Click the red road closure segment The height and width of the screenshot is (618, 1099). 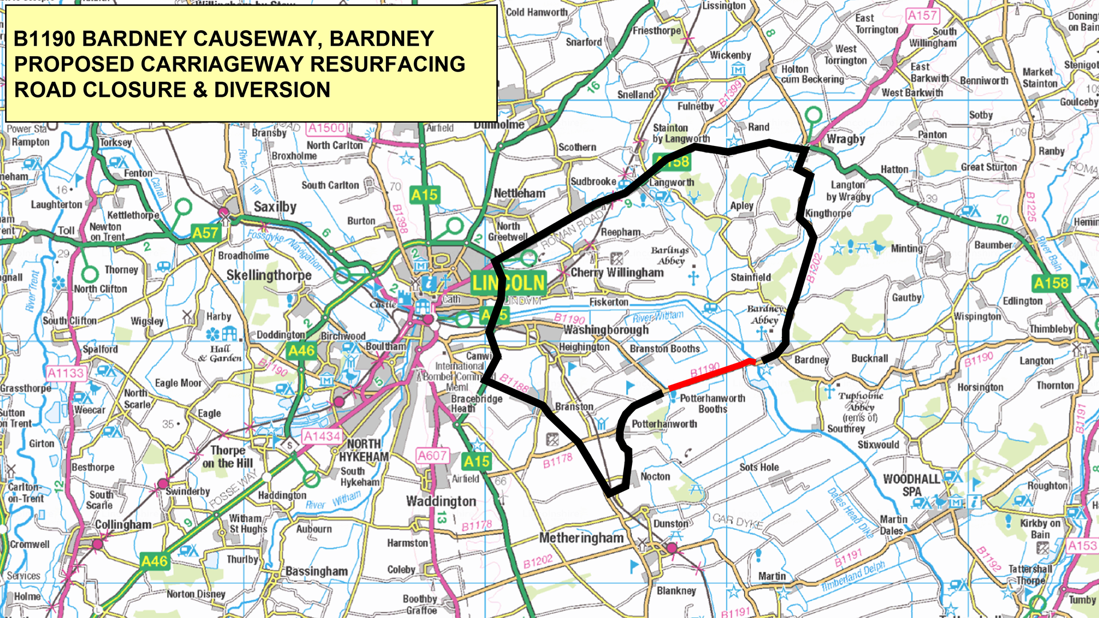pos(710,375)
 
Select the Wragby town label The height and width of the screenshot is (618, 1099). pos(845,139)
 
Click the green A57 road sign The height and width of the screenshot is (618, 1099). pos(205,233)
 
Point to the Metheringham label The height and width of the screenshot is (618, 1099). pos(581,538)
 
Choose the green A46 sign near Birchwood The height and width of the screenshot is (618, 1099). pos(301,351)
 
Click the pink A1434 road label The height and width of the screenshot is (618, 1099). pos(322,437)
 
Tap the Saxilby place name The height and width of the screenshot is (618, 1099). pos(275,207)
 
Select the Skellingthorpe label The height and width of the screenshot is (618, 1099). pos(268,275)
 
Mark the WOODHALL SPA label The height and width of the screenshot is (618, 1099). pos(911,485)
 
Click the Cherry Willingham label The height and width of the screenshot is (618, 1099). pos(617,273)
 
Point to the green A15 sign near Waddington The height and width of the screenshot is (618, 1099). pos(476,462)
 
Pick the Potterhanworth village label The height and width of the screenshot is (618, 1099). pos(664,424)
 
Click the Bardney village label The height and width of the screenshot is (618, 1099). pos(811,360)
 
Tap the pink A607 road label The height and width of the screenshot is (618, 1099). pos(432,455)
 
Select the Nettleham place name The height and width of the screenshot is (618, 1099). pos(519,193)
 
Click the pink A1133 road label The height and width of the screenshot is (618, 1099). pos(65,373)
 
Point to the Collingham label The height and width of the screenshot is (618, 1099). pos(123,525)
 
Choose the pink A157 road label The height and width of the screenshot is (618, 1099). pos(922,15)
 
